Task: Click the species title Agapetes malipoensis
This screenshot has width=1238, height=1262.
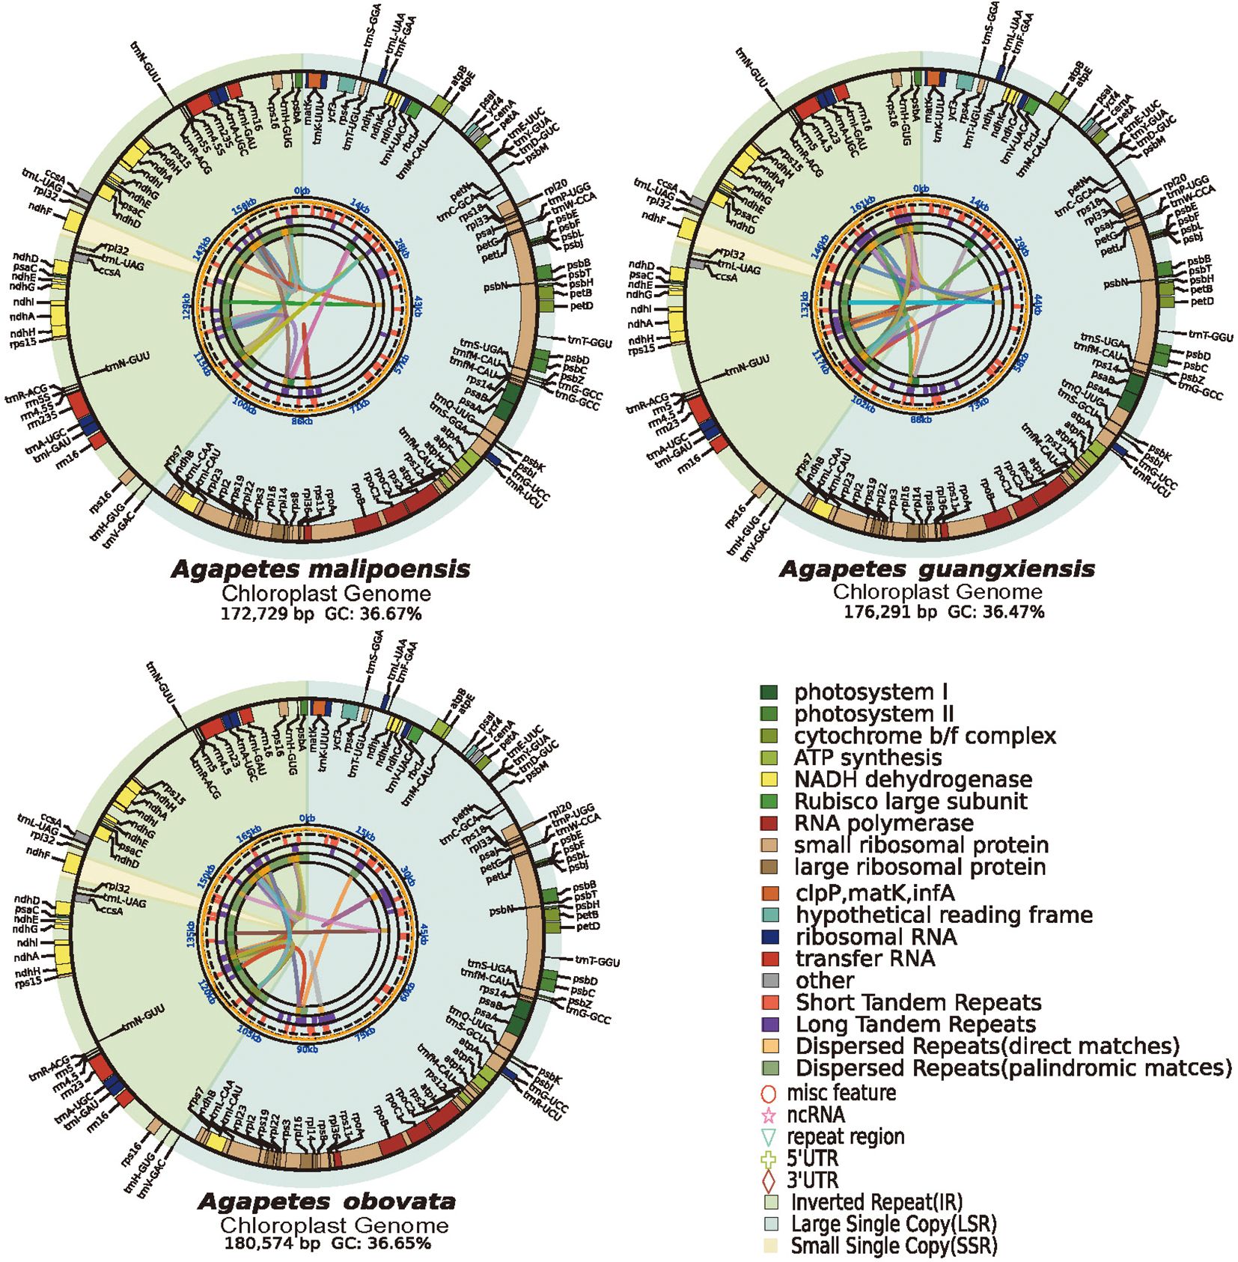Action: tap(320, 569)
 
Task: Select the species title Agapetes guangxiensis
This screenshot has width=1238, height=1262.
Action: tap(936, 569)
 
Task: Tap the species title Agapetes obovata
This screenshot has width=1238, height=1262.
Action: tap(326, 1202)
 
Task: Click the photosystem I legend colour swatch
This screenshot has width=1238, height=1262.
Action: tap(769, 692)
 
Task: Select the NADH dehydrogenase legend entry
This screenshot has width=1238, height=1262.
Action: tap(912, 779)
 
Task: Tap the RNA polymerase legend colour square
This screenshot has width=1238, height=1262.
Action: tap(769, 823)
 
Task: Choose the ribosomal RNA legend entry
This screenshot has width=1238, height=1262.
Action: tap(876, 937)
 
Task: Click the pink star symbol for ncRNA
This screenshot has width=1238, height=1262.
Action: tap(769, 1115)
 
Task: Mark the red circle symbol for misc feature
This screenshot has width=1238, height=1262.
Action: tap(769, 1093)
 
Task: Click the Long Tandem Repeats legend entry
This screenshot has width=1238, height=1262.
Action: tap(915, 1024)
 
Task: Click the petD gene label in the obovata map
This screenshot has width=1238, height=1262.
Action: tap(589, 927)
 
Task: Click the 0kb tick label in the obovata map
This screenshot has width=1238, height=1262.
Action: tap(307, 818)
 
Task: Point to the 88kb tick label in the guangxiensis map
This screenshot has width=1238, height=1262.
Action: tap(921, 420)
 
